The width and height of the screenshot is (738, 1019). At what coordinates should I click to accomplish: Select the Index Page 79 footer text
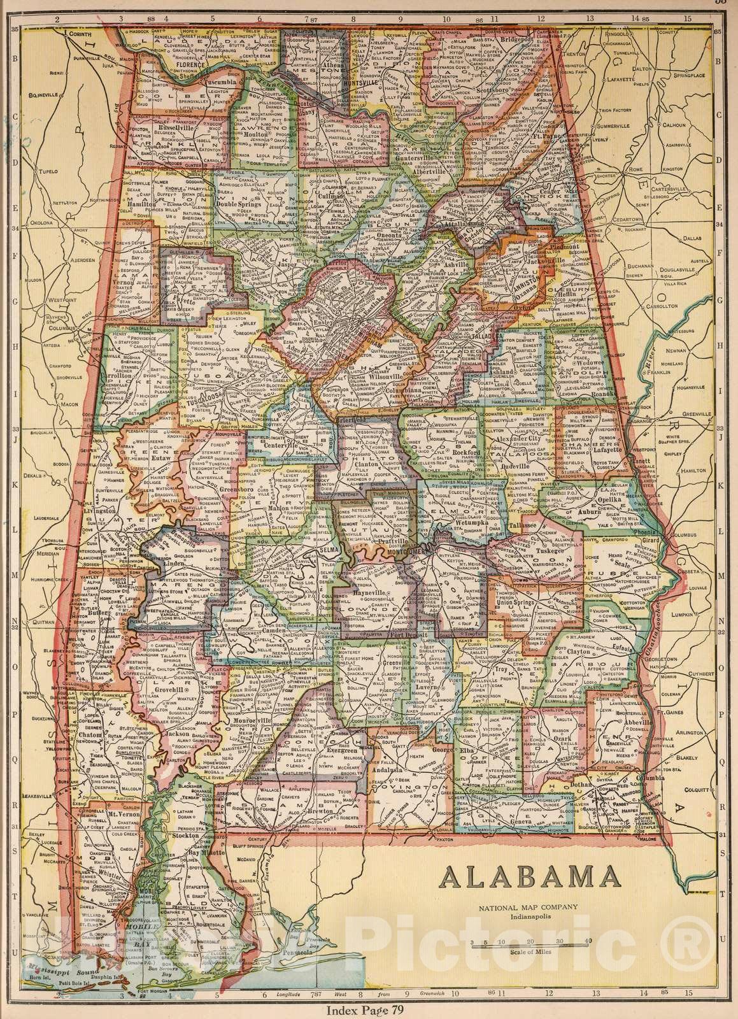click(x=369, y=1010)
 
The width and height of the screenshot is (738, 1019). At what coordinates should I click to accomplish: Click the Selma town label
click(x=327, y=549)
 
